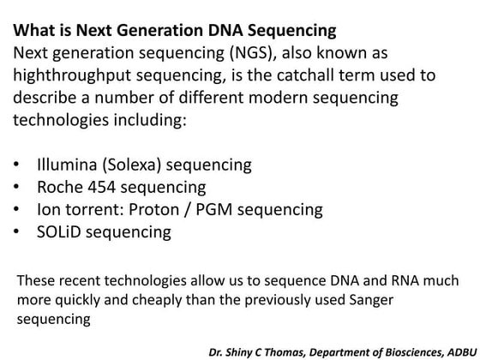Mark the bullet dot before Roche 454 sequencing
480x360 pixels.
(x=20, y=186)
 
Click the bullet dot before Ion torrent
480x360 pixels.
(x=20, y=208)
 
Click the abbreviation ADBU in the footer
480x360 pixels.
(x=459, y=351)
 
